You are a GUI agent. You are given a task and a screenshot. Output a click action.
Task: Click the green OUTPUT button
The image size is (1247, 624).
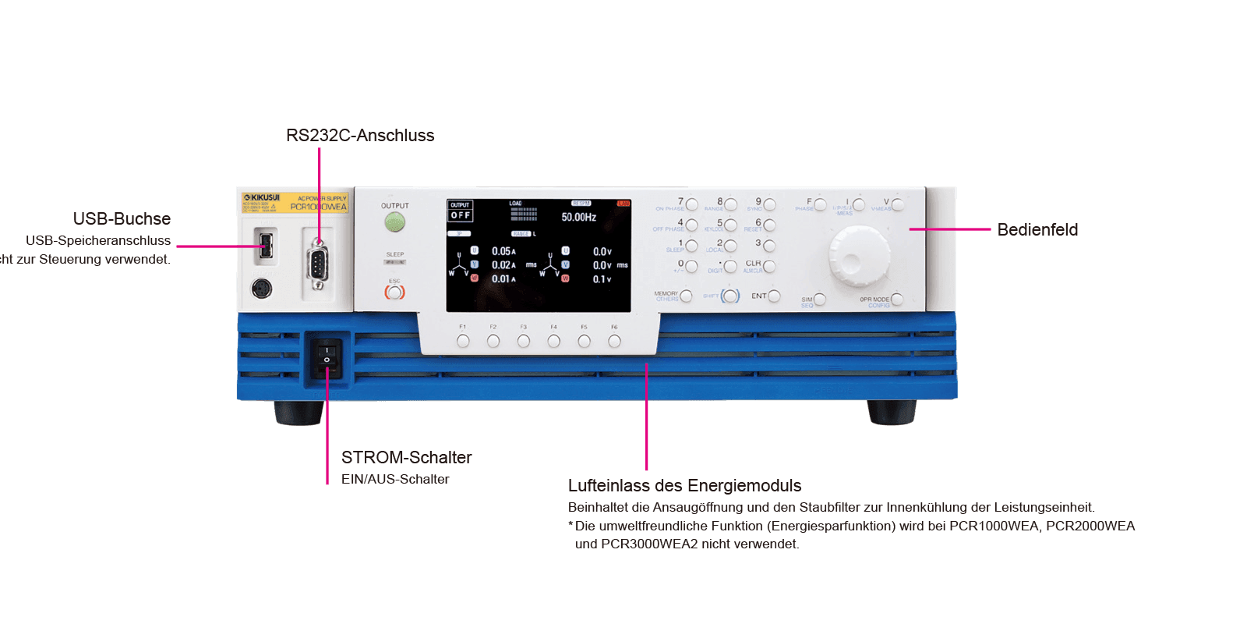(395, 223)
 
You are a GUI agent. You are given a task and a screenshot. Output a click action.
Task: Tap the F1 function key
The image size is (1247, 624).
(463, 341)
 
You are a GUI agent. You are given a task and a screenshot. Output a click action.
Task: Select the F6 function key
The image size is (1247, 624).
(614, 341)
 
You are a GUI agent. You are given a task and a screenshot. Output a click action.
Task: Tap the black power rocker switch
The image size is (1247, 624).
(327, 356)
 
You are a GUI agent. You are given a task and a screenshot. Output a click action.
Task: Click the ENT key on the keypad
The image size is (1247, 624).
(774, 296)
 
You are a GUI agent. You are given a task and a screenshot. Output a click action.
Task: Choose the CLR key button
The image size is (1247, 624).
(769, 267)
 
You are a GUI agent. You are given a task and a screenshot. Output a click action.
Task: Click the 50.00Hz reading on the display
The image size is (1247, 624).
(578, 217)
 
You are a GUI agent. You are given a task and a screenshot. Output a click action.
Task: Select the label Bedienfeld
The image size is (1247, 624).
(1037, 229)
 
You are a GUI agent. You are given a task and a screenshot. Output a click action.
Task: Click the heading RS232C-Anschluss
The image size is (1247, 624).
(359, 136)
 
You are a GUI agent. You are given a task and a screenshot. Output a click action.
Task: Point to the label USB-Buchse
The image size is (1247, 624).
(122, 219)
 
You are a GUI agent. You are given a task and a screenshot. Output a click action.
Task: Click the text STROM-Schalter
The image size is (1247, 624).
(406, 458)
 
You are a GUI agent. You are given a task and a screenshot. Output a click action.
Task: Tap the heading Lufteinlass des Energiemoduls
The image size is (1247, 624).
(684, 486)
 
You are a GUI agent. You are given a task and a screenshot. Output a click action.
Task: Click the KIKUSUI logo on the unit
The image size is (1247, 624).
(262, 198)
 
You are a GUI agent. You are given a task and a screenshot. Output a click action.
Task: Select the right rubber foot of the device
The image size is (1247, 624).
(892, 412)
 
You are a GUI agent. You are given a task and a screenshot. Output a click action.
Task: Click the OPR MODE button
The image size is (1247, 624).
(897, 299)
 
